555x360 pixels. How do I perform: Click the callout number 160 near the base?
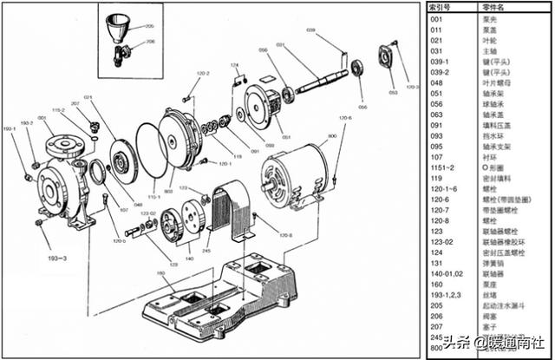point(161,274)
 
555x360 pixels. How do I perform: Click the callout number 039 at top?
point(310,29)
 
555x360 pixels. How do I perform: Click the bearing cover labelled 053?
point(386,58)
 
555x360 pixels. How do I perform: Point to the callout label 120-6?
point(345,117)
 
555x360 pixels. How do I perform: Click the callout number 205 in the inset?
point(149,26)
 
